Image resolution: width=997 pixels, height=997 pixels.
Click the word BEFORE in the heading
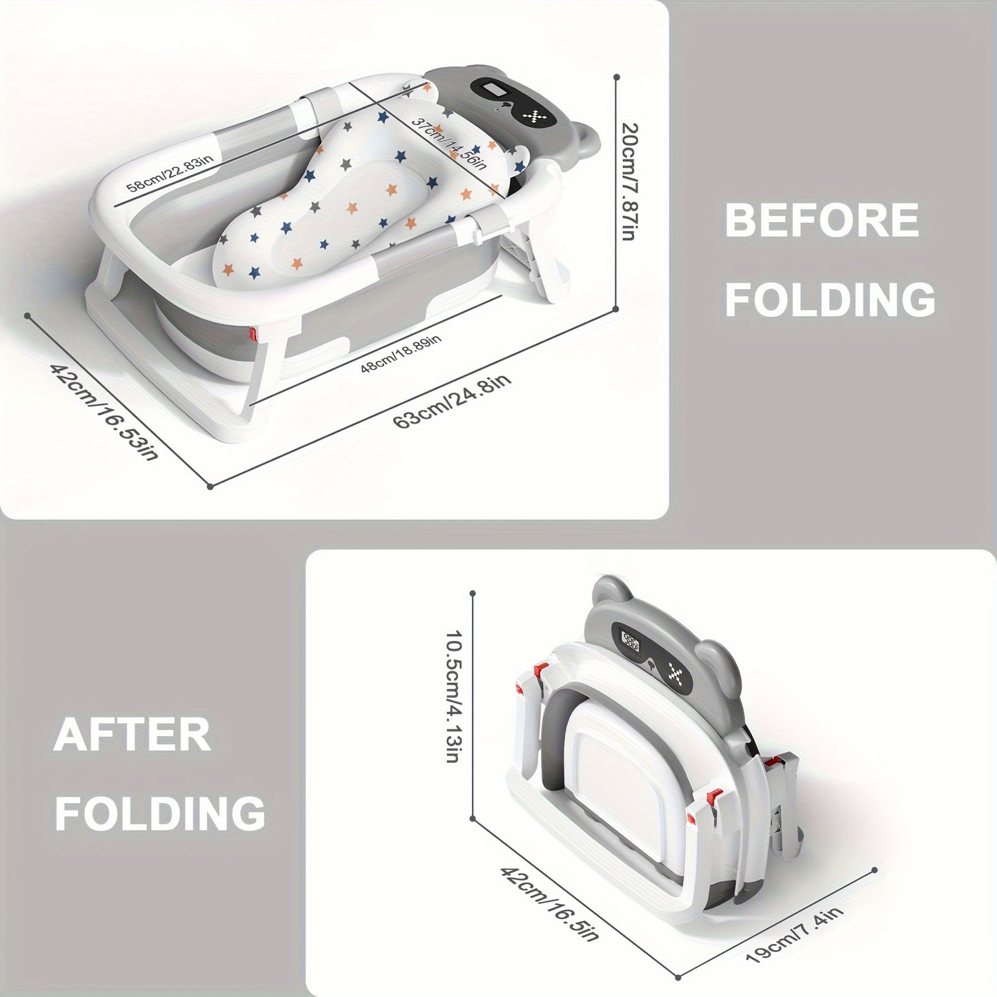pyautogui.click(x=822, y=219)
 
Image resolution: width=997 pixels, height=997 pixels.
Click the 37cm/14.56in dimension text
pyautogui.click(x=449, y=143)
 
